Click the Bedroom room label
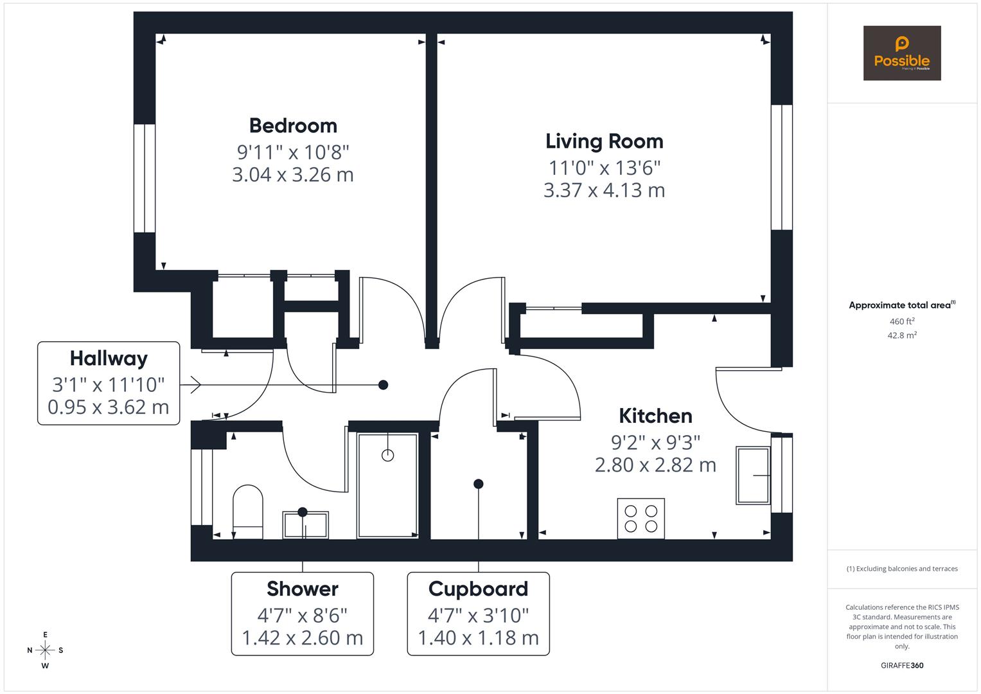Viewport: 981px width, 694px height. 293,125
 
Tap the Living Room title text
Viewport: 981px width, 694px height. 604,141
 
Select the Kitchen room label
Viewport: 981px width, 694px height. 655,416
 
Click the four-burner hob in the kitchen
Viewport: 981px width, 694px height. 641,519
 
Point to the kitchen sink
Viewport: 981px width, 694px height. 753,476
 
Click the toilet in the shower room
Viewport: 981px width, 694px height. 247,511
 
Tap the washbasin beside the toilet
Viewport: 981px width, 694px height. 305,524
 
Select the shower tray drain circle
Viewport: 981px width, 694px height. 387,456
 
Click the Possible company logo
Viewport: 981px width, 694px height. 901,53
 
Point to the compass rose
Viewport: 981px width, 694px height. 45,650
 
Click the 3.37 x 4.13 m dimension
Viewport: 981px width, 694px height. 604,190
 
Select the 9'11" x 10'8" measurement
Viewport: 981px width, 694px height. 293,152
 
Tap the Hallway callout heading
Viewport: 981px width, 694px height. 109,358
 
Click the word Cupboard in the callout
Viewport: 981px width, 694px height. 478,589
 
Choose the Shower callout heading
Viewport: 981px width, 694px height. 302,589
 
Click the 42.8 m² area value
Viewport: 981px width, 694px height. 901,335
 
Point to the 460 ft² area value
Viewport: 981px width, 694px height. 901,321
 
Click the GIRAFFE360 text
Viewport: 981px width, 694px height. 901,665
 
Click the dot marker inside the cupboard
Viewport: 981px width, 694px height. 478,484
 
